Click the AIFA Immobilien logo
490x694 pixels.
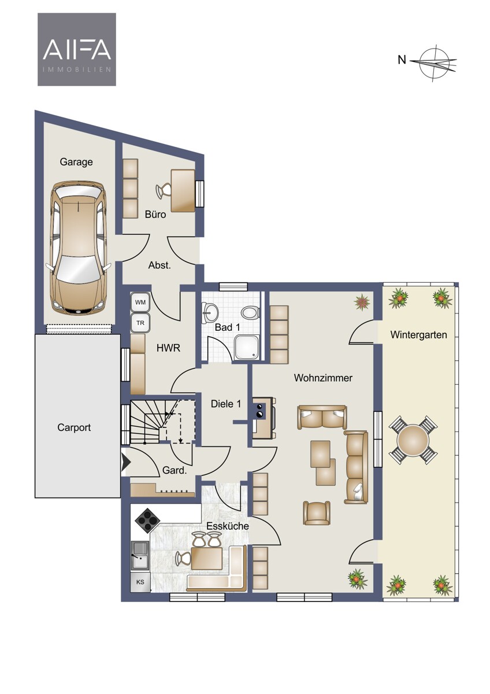[x=77, y=49]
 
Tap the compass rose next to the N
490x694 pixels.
[x=436, y=63]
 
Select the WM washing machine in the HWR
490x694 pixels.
[x=140, y=302]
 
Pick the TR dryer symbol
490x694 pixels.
[x=140, y=323]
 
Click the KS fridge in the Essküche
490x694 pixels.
[x=140, y=582]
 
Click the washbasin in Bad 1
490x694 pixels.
[x=211, y=312]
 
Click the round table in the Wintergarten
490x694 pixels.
[x=413, y=438]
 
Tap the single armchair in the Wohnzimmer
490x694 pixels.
[x=317, y=512]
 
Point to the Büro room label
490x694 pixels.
[x=155, y=215]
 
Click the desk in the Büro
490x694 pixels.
[x=183, y=190]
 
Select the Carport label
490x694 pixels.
[x=74, y=427]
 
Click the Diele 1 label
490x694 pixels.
[x=226, y=404]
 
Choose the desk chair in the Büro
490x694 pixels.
[x=163, y=190]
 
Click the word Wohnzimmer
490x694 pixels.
[x=323, y=378]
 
